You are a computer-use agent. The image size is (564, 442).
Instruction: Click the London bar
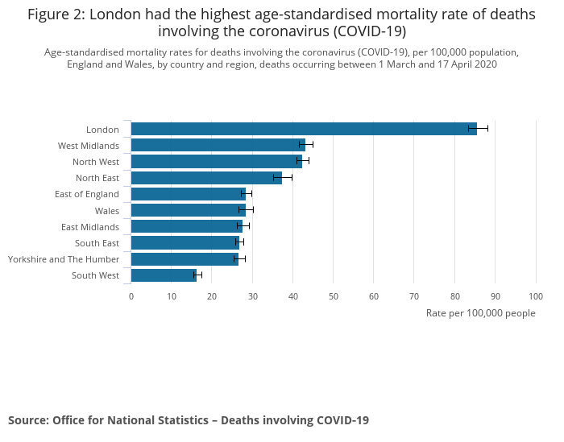click(x=303, y=129)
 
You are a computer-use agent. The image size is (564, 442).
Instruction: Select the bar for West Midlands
click(x=218, y=145)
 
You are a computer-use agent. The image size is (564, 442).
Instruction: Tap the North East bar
click(x=206, y=178)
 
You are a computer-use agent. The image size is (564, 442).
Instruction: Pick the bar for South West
click(x=164, y=275)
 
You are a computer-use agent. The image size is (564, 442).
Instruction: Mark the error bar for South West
click(x=197, y=275)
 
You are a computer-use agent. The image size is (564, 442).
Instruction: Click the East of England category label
click(x=87, y=194)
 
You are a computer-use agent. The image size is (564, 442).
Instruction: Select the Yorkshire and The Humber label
click(x=64, y=259)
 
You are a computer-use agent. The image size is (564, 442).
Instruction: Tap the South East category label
click(x=97, y=243)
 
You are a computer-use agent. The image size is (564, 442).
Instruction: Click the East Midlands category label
click(x=90, y=227)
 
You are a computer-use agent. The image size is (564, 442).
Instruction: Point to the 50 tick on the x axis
click(x=334, y=296)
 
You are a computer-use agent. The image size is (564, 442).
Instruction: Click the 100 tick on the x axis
click(x=536, y=296)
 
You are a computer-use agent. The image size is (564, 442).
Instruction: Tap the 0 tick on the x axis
click(x=131, y=296)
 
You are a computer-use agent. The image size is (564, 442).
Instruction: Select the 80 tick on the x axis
click(x=455, y=296)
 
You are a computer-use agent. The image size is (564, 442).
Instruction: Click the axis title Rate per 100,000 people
click(x=480, y=313)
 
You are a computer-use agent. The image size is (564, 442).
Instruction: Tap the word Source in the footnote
click(x=28, y=420)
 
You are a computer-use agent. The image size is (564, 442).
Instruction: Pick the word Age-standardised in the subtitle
click(x=80, y=52)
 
